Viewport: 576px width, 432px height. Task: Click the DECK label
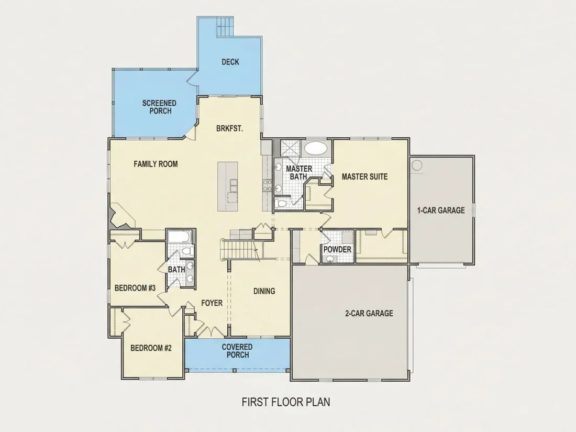click(230, 62)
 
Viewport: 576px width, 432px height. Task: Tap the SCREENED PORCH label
click(159, 107)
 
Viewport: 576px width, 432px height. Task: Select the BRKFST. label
click(229, 129)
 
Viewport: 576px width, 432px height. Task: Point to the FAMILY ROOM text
click(156, 164)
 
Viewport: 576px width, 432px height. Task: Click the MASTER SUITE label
click(365, 176)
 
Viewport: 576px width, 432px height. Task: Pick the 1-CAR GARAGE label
click(441, 211)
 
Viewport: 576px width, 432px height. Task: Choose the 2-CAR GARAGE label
click(369, 313)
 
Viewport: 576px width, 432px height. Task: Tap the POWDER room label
click(337, 249)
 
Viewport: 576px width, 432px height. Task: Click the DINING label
click(264, 291)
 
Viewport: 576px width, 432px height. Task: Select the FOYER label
click(212, 303)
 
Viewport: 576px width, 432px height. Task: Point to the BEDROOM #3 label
click(135, 288)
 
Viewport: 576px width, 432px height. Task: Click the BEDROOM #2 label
click(151, 348)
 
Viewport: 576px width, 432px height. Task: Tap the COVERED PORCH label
click(237, 351)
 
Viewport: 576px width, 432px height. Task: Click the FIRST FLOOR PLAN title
click(286, 402)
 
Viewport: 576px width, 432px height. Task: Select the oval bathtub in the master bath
click(316, 148)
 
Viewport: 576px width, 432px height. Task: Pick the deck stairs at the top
click(225, 27)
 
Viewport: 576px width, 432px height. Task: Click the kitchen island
click(228, 186)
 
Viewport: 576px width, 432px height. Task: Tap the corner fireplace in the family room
click(121, 217)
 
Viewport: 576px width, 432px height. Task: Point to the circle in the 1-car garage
click(417, 165)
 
